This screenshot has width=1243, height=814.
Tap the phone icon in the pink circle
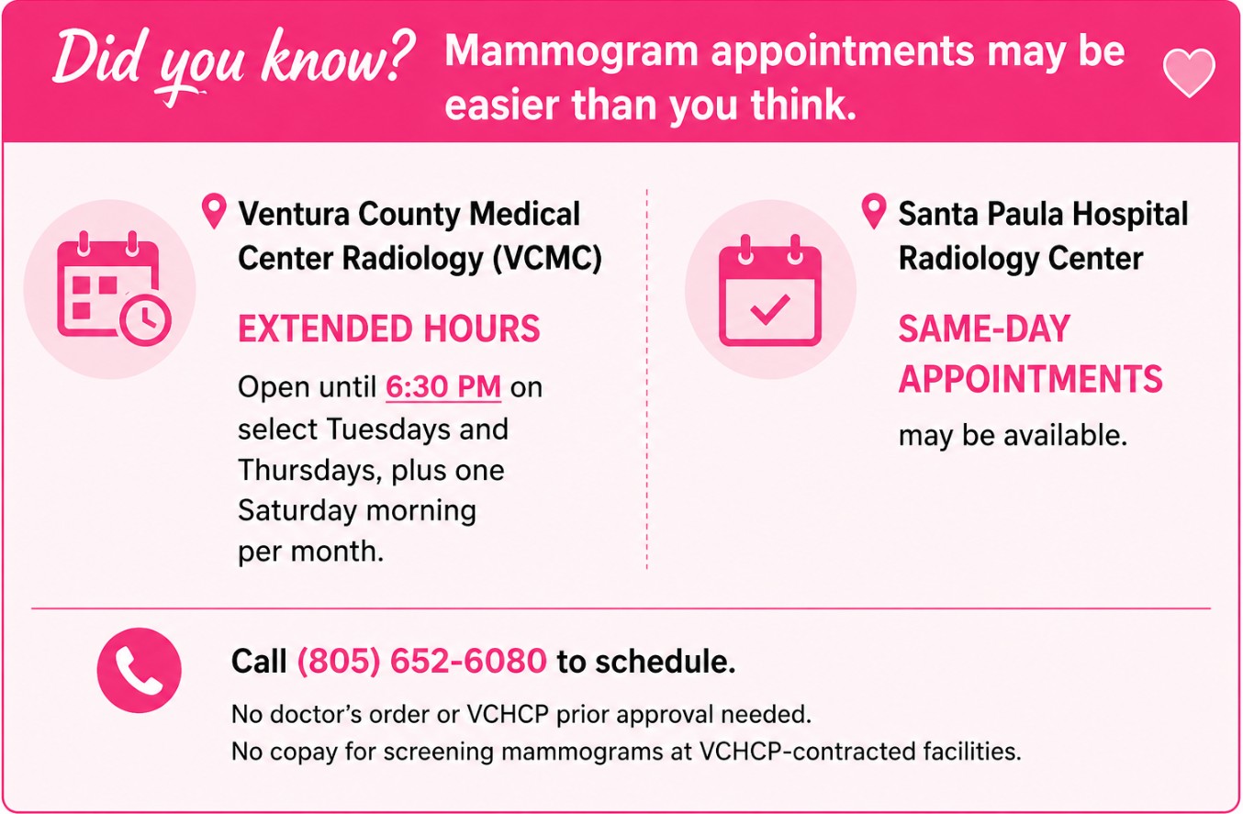[x=139, y=670]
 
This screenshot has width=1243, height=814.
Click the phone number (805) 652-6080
[x=422, y=661]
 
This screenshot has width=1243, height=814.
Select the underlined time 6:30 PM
[x=443, y=386]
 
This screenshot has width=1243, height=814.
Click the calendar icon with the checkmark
[x=769, y=291]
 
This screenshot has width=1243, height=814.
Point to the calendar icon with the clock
[x=114, y=288]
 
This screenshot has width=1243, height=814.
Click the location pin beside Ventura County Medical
[x=214, y=211]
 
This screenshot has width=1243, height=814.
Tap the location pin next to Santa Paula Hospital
[x=874, y=211]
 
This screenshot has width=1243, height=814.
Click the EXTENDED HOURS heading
[x=389, y=329]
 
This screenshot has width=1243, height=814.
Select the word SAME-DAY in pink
[x=984, y=329]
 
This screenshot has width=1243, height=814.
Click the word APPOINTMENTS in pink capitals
[x=1030, y=379]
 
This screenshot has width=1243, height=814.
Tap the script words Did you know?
[x=233, y=61]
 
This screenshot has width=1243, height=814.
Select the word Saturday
[x=297, y=511]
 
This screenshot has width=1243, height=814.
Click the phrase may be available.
[x=1013, y=436]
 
